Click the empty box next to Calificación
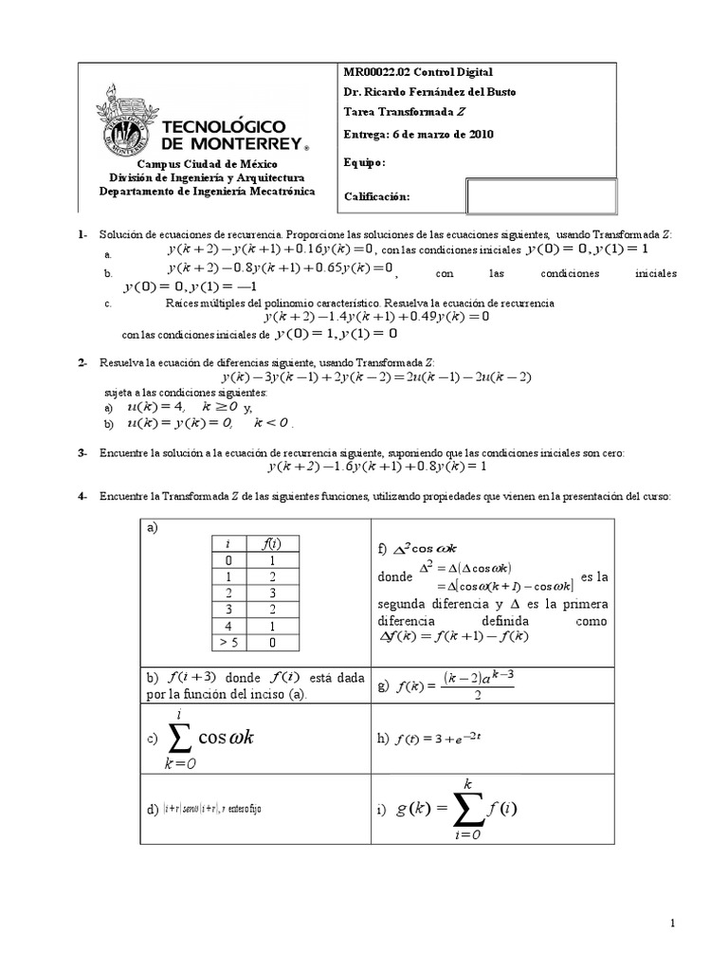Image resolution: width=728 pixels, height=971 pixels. coord(540,196)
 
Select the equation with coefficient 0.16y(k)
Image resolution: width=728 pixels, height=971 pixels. coord(271,249)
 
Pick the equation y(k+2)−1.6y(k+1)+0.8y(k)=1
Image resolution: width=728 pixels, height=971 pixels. coord(376,467)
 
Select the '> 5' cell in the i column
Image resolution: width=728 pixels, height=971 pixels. coord(227,642)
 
